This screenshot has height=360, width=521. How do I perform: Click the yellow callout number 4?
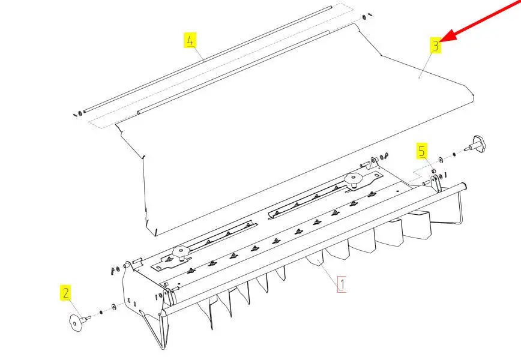tap(190, 41)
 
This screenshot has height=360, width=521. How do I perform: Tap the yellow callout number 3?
tap(435, 45)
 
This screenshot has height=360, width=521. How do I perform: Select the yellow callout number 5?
tap(422, 151)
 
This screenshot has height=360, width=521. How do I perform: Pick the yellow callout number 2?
tap(66, 293)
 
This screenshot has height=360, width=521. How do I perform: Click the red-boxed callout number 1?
tap(342, 284)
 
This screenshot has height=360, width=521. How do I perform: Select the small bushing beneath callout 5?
tap(433, 171)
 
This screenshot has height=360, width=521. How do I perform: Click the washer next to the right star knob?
tap(441, 160)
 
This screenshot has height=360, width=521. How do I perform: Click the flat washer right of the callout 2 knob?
tap(114, 306)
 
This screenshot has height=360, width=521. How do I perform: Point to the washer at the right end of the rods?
tap(364, 17)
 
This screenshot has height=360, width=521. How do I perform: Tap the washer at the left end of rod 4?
tap(80, 113)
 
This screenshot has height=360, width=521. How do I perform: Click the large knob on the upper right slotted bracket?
tap(352, 179)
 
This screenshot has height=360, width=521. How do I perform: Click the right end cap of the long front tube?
tap(464, 186)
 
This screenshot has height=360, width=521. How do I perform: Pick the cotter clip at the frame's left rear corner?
tap(113, 271)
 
